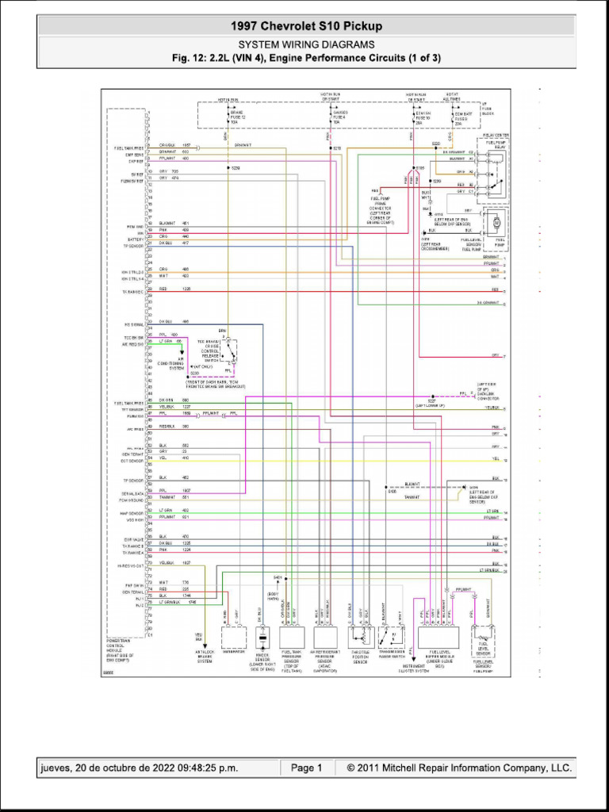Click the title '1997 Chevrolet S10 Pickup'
tap(306, 27)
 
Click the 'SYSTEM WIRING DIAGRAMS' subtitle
tap(306, 45)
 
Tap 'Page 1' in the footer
tap(306, 768)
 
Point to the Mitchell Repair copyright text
tap(454, 768)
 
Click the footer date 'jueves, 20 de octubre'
tap(139, 768)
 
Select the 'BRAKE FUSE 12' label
tap(239, 118)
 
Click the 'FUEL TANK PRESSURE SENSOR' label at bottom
tap(292, 660)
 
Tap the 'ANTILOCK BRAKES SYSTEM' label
tap(205, 657)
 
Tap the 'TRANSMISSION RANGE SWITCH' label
tap(390, 654)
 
